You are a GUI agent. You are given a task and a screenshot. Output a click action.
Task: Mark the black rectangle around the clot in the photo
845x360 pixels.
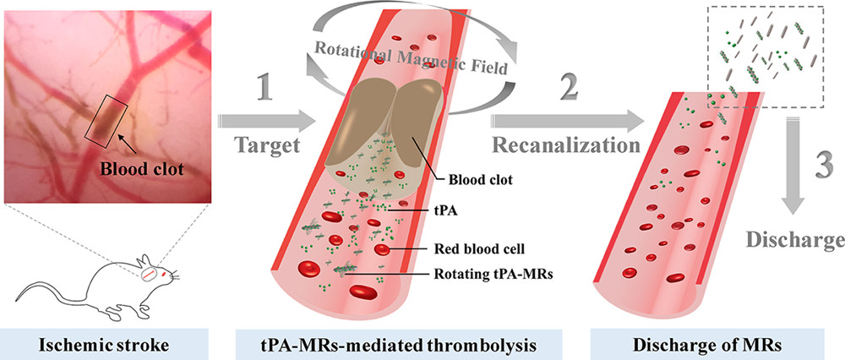(x=106, y=118)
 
